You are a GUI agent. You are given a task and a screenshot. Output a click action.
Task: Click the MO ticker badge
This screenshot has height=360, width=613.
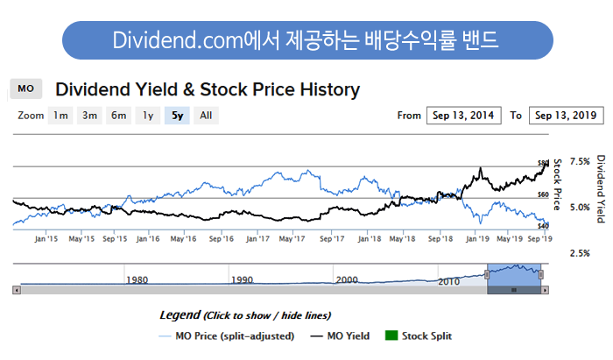pyautogui.click(x=25, y=89)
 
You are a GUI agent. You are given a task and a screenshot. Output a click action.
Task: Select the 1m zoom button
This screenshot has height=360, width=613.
pyautogui.click(x=60, y=115)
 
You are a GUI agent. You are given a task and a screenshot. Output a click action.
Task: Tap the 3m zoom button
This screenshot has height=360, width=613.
pyautogui.click(x=89, y=115)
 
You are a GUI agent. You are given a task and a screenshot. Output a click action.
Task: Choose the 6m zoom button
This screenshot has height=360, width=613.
pyautogui.click(x=118, y=115)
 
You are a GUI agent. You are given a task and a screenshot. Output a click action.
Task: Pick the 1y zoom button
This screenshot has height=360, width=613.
pyautogui.click(x=148, y=115)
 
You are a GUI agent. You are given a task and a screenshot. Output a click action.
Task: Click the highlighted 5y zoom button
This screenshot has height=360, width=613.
pyautogui.click(x=177, y=115)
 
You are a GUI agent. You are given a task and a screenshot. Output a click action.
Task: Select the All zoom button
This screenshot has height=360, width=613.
pyautogui.click(x=205, y=115)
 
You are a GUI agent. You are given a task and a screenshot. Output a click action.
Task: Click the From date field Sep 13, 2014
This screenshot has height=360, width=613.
pyautogui.click(x=463, y=115)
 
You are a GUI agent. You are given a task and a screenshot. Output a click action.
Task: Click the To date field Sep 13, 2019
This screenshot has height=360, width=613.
pyautogui.click(x=566, y=115)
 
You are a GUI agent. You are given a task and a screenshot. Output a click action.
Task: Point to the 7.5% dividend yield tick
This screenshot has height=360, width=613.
pyautogui.click(x=580, y=162)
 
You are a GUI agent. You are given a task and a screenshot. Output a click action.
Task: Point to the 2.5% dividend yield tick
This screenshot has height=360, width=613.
pyautogui.click(x=580, y=253)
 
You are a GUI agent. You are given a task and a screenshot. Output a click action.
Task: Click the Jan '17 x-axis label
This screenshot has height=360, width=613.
pyautogui.click(x=257, y=237)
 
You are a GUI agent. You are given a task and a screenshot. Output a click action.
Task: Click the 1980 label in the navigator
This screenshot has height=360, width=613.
pyautogui.click(x=136, y=280)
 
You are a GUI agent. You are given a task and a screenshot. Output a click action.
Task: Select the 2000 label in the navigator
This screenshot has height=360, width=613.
pyautogui.click(x=347, y=280)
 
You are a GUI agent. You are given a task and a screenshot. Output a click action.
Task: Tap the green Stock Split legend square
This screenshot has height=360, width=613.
pyautogui.click(x=391, y=335)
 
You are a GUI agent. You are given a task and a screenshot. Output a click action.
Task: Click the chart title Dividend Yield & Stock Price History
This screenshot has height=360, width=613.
pyautogui.click(x=208, y=89)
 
